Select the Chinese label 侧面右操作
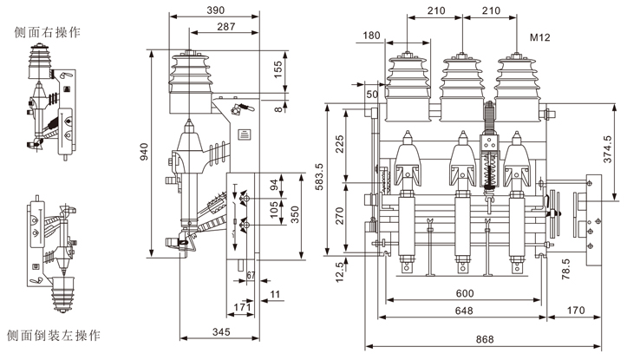tap(48, 33)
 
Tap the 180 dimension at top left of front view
tap(373, 36)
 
